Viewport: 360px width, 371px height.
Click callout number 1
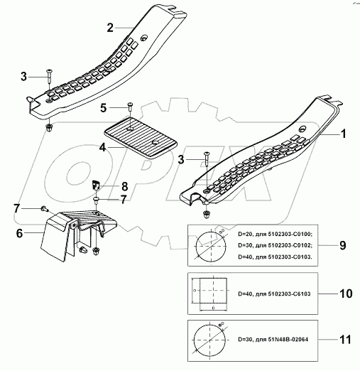(344, 133)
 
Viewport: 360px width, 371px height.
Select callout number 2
(110, 28)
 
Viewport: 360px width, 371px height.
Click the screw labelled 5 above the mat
(131, 107)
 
